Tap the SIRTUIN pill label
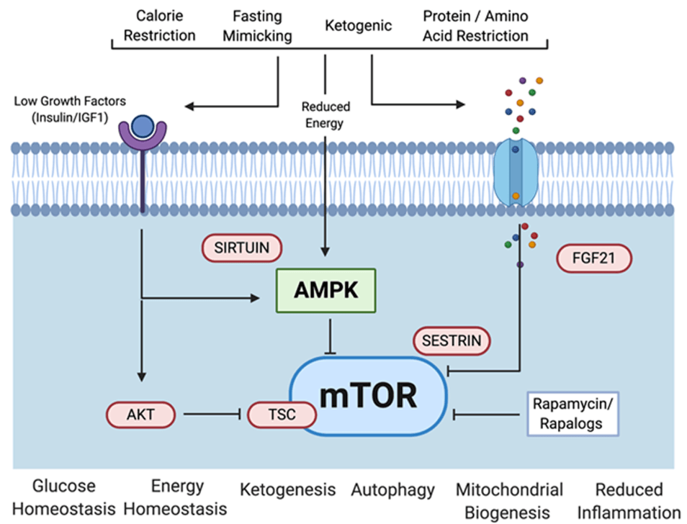coord(242,248)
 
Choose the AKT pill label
coord(141,414)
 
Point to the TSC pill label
coord(282,415)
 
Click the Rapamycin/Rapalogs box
coord(572,414)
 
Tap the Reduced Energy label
coord(325,115)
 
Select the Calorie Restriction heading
coord(159,25)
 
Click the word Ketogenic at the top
coord(359,26)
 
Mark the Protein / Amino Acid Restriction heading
coord(475,25)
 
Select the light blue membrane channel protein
coord(515,173)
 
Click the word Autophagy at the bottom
coord(392,491)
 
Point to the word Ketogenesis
coord(288,490)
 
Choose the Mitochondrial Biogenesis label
coord(509,501)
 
